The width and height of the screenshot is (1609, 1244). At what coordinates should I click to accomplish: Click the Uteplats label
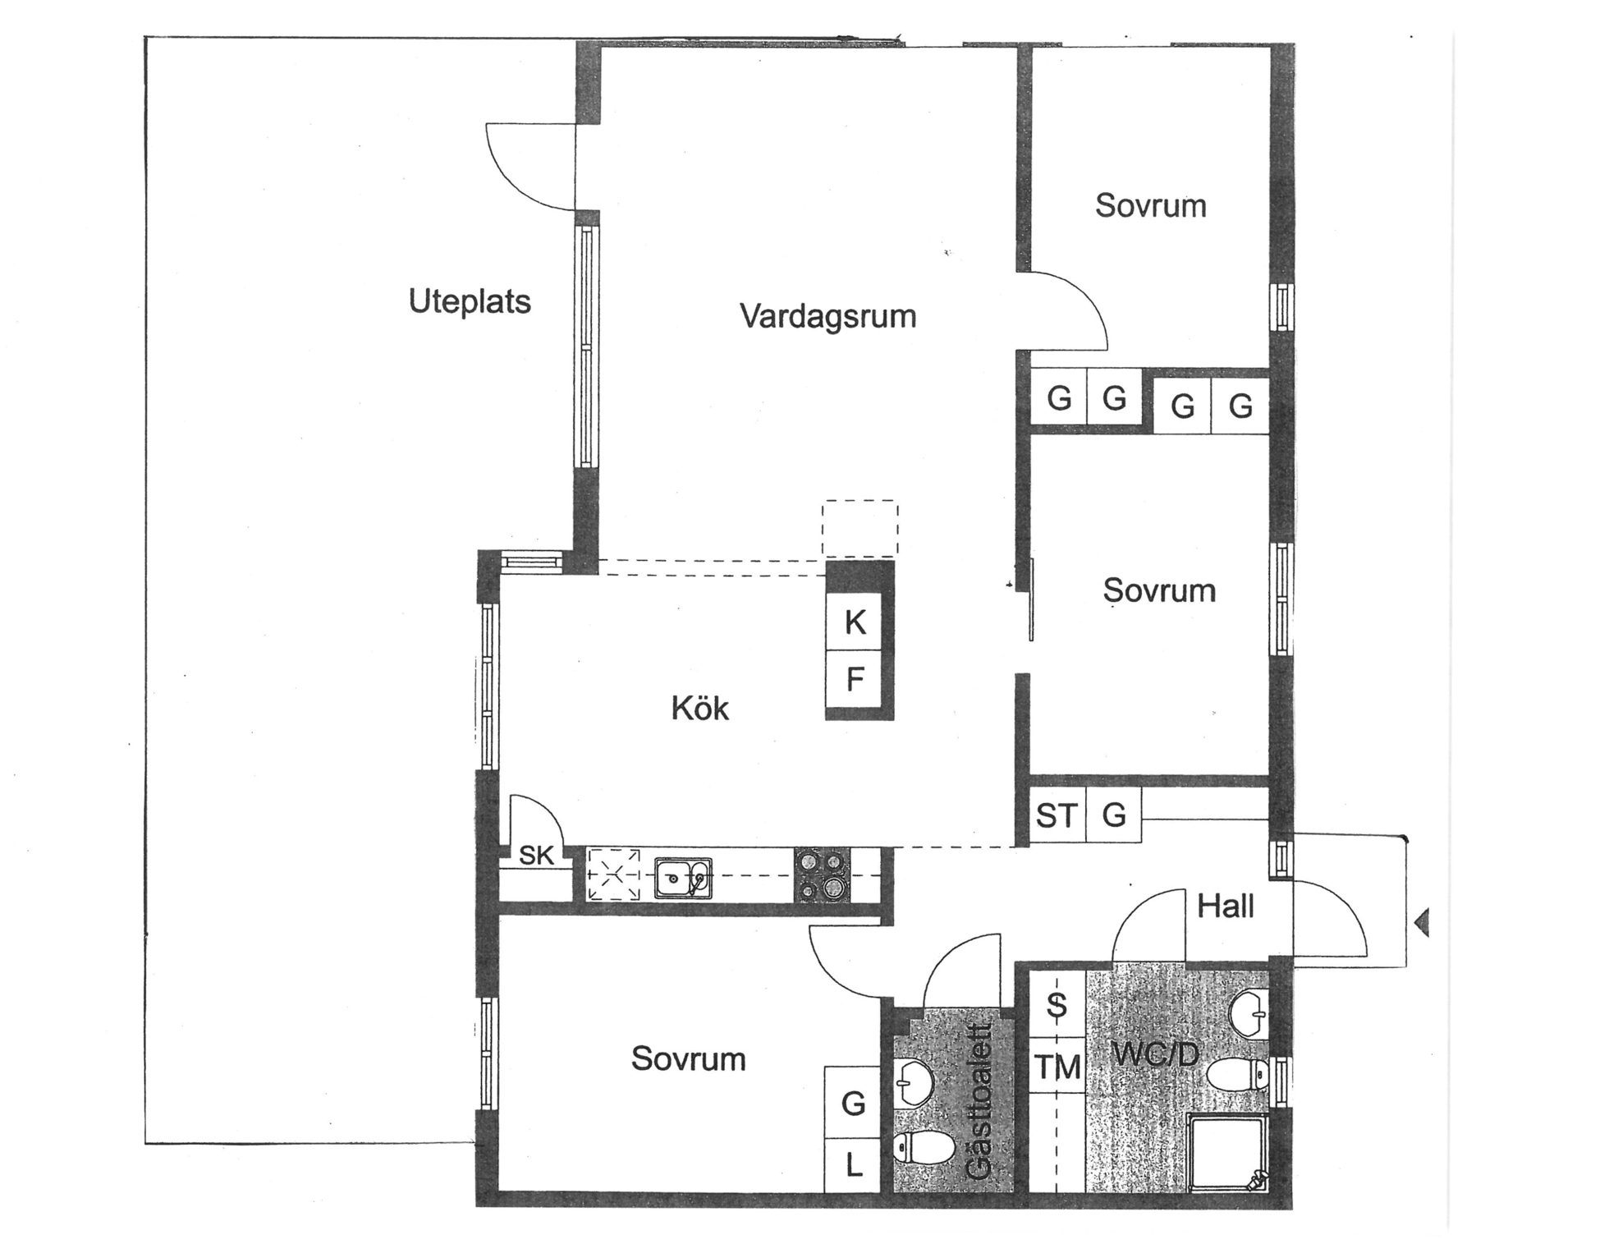pos(470,301)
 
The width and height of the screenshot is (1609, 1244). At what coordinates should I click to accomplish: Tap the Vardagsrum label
pos(827,316)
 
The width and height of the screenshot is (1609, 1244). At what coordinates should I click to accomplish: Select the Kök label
pos(699,708)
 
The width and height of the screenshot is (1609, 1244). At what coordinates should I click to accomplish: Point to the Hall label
pos(1225,906)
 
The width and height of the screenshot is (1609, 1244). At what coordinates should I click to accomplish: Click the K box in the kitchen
pos(854,622)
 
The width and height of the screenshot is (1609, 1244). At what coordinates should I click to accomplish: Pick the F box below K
pos(854,680)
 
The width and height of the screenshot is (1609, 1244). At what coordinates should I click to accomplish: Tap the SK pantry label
pos(536,856)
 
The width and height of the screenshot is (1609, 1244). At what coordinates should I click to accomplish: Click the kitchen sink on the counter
pos(683,879)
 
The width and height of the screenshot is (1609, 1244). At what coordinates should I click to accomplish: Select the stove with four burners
pos(823,875)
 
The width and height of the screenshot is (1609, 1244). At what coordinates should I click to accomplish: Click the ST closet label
pos(1056,815)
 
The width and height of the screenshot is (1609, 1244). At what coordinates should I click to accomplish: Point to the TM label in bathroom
pos(1057,1067)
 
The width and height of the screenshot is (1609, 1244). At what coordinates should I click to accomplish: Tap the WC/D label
pos(1155,1053)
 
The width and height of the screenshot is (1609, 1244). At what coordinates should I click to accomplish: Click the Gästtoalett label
pos(979,1100)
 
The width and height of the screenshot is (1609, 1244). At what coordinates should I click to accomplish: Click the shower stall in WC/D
pos(1228,1152)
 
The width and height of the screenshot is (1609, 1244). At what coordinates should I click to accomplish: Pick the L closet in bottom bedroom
pos(853,1165)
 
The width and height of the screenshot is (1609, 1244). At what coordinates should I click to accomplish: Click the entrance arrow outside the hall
pos(1423,923)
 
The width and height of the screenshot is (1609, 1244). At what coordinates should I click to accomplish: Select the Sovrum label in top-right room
pos(1150,205)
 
